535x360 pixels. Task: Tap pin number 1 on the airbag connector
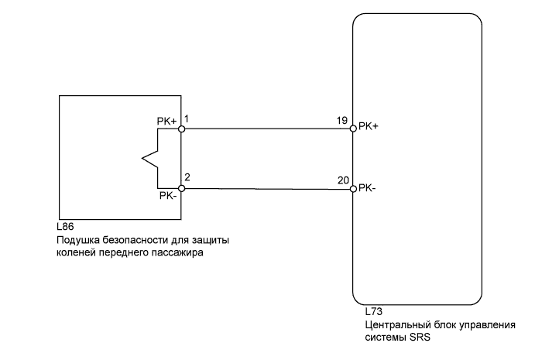click(x=187, y=121)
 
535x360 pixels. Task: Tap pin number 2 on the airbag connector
click(x=188, y=178)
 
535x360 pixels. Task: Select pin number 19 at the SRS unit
click(x=342, y=120)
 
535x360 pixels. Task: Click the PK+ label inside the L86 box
click(x=167, y=122)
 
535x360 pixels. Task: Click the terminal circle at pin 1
click(x=181, y=129)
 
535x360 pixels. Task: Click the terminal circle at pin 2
click(x=181, y=188)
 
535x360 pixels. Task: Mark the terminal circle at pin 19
click(x=352, y=129)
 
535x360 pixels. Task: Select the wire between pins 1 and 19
click(x=267, y=129)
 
